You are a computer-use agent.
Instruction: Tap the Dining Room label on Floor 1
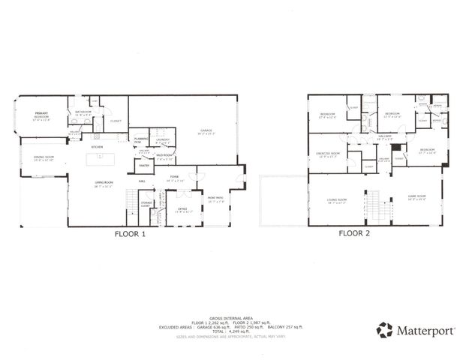click(x=44, y=158)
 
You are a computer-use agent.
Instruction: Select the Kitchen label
click(x=97, y=147)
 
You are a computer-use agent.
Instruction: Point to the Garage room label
click(x=206, y=132)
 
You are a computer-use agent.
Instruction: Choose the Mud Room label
click(x=165, y=158)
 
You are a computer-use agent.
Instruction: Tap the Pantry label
click(x=143, y=165)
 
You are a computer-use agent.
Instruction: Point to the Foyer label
click(x=174, y=179)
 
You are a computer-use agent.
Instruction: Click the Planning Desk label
click(x=140, y=139)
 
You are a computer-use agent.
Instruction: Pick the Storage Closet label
click(x=147, y=203)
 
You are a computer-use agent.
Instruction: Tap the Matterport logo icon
click(x=384, y=329)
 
